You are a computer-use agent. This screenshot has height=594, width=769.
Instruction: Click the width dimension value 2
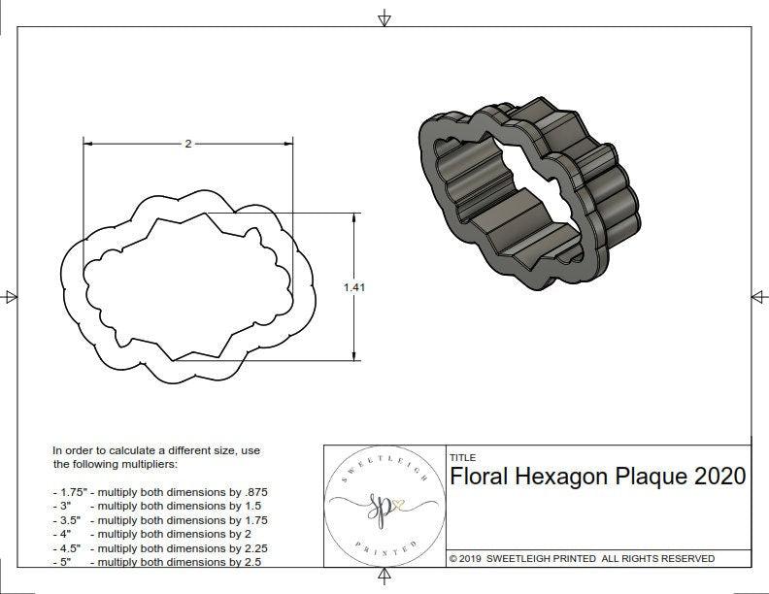coord(187,144)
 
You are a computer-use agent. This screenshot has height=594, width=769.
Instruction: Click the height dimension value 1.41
coord(354,287)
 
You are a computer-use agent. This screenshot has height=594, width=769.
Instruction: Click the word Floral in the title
coord(478,477)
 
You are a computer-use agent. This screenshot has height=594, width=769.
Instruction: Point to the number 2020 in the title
coord(720,477)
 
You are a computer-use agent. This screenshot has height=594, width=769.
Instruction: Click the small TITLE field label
coord(462,458)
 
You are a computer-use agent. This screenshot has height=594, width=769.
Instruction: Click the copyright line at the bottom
coord(582,559)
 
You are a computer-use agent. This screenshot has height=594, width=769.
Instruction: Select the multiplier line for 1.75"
coord(159,492)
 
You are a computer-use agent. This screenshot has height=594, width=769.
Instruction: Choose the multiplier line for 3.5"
coord(159,520)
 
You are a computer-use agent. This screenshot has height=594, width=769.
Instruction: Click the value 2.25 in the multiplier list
coord(251,547)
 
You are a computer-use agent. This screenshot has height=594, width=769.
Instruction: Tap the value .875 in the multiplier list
coord(251,492)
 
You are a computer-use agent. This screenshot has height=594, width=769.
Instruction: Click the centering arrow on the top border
coord(384,17)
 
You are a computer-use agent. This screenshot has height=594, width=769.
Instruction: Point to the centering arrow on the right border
coord(758,296)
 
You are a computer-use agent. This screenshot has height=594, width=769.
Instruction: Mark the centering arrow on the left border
coord(11,296)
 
